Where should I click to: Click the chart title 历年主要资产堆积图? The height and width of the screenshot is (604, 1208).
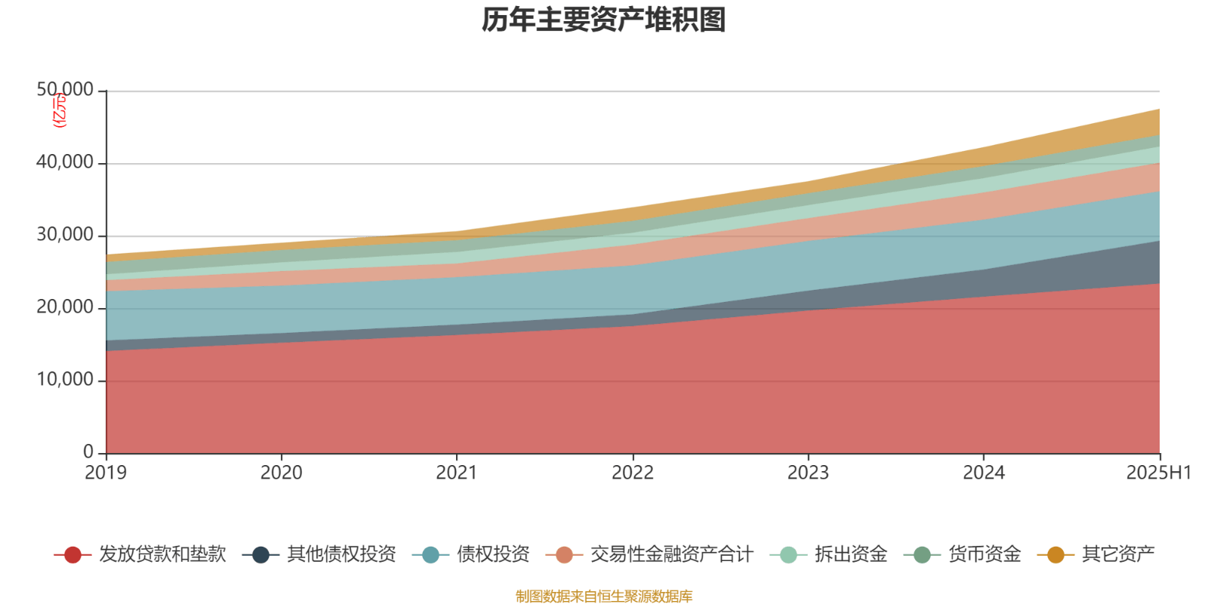(x=604, y=20)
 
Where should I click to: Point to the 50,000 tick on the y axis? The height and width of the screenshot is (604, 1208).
(x=65, y=91)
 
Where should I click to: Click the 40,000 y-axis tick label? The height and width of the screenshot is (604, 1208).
(x=65, y=163)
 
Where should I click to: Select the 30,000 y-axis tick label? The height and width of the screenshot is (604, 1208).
(x=65, y=236)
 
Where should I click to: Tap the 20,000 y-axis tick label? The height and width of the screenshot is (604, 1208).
(x=65, y=308)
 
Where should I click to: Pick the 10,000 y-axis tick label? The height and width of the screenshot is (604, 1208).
(x=65, y=381)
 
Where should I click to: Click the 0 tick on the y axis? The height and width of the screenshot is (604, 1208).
(x=88, y=452)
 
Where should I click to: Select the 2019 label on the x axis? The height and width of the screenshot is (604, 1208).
(x=106, y=473)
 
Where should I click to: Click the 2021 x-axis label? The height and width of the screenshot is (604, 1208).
(x=457, y=473)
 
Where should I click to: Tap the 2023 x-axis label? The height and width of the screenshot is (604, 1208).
(x=808, y=473)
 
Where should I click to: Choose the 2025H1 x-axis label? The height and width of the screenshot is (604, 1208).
(x=1158, y=473)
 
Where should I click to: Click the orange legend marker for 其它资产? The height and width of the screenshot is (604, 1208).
(x=1055, y=555)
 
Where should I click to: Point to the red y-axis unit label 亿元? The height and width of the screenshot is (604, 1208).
(x=59, y=111)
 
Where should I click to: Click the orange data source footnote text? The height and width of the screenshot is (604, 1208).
(x=604, y=596)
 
